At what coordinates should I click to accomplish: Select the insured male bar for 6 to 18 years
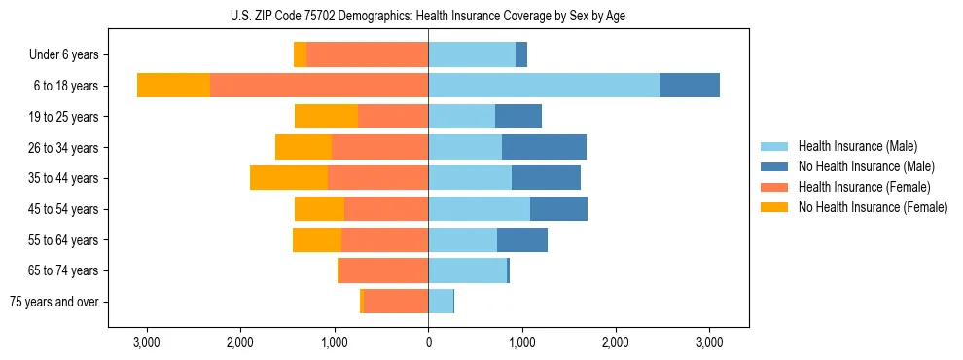coord(543,86)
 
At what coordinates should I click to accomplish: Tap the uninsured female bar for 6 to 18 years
coord(173,86)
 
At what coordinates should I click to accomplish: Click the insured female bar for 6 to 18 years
coord(319,86)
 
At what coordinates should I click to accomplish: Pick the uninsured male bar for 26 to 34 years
coord(544,147)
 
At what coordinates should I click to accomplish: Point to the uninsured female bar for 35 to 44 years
coord(289,178)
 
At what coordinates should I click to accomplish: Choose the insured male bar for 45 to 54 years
coord(479,209)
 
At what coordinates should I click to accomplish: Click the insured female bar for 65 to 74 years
coord(383,270)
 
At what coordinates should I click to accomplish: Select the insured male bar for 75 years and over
coord(441,302)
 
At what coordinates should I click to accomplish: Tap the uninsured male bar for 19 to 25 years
coord(518,117)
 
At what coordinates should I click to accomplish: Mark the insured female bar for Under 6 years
coord(368,54)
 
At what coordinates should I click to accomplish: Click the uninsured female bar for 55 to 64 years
coord(317,239)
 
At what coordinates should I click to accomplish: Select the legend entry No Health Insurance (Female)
coord(872,207)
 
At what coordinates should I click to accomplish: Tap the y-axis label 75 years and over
coord(54,302)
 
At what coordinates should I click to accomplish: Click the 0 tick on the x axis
coord(428,343)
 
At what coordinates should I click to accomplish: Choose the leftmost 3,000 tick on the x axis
coord(146,343)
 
